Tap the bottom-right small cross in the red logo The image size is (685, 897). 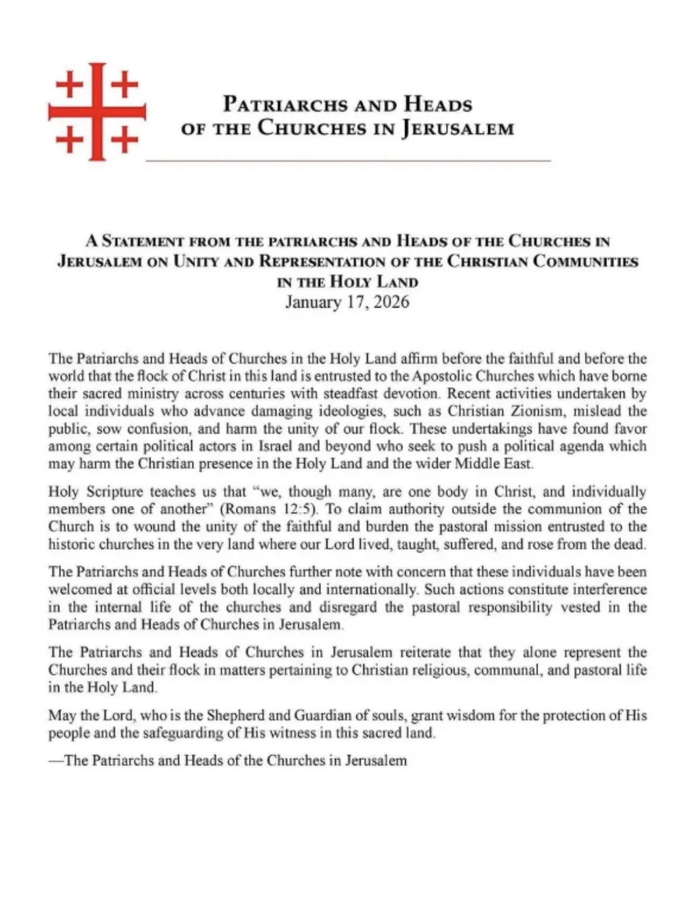tap(125, 140)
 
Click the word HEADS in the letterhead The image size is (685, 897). tap(437, 105)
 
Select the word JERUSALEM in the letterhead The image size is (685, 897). tap(458, 128)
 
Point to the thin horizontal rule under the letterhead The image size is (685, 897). tap(348, 159)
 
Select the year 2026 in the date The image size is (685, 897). tap(389, 302)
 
